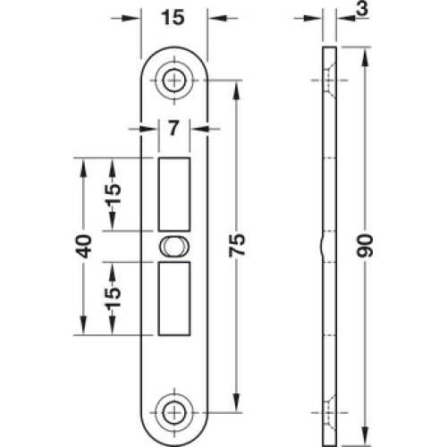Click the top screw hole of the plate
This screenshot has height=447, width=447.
173,80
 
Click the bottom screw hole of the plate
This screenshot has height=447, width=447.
173,413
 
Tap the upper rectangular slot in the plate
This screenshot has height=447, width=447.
173,194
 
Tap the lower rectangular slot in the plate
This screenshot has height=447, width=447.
173,299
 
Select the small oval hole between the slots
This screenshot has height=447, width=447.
173,247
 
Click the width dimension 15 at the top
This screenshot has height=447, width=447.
173,17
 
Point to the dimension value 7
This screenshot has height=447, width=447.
173,129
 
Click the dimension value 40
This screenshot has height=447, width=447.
83,246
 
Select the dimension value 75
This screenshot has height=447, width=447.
237,245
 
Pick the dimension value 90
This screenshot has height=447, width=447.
365,246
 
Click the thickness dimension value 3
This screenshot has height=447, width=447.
362,9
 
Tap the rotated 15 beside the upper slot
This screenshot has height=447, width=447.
113,193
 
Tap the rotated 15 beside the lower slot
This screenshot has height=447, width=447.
113,297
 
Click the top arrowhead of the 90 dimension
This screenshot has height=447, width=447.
365,57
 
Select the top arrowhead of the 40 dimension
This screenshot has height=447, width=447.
83,168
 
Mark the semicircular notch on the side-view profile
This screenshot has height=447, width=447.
323,247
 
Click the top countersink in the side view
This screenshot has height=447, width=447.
329,80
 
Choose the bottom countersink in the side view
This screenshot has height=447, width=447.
329,413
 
